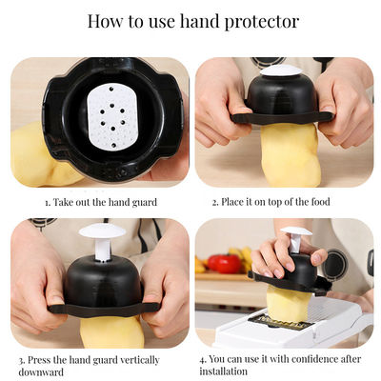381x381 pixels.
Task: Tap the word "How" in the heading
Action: point(106,21)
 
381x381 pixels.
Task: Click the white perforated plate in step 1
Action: point(113,116)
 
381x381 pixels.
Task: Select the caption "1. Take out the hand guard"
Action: point(100,202)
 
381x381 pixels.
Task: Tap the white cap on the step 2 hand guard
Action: point(280,70)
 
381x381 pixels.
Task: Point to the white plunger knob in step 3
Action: point(102,231)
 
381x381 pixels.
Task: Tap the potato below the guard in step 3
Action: point(112,331)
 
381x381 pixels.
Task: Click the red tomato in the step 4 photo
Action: point(224,264)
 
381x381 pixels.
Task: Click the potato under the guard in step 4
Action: point(289,305)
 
